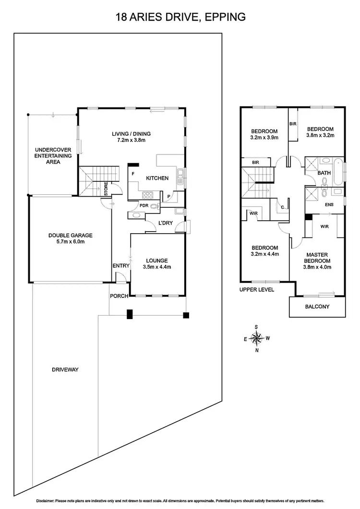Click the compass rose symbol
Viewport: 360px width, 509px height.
257,338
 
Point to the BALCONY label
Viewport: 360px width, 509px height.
317,307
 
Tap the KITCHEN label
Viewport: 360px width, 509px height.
157,178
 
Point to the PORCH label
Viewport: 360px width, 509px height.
119,296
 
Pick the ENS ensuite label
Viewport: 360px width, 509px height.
329,205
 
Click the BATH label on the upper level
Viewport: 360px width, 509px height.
324,173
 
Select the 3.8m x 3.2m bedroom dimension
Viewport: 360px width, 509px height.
320,135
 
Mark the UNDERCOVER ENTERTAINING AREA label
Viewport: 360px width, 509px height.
53,156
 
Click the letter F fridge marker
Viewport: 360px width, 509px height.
132,174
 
